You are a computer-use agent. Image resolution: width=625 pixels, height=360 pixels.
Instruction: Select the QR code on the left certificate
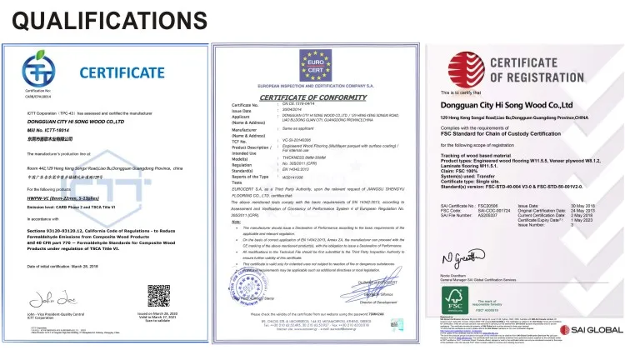(x=159, y=296)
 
